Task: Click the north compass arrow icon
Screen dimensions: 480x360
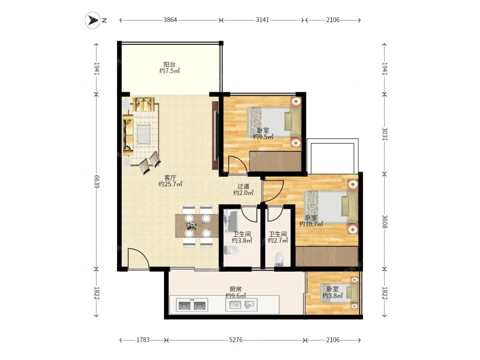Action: [x=93, y=20]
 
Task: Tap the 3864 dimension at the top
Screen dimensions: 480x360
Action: [x=170, y=20]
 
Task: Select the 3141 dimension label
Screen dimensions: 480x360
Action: [x=263, y=20]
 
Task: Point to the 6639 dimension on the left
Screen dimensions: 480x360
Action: [x=96, y=181]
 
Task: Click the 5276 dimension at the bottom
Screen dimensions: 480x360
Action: [x=236, y=340]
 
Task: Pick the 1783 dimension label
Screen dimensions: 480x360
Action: [x=143, y=340]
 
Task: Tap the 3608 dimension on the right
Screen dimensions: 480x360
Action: [x=385, y=221]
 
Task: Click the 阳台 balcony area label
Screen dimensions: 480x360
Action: [x=169, y=65]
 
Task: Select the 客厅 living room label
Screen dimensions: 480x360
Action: [x=170, y=178]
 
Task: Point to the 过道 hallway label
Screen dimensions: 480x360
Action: [x=243, y=186]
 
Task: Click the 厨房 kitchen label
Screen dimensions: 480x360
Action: [x=236, y=289]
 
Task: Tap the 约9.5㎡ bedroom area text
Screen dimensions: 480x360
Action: [x=263, y=137]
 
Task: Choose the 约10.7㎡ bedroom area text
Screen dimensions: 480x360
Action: [x=311, y=224]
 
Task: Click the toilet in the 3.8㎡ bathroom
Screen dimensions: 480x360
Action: [x=231, y=250]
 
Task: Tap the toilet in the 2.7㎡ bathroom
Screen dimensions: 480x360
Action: [x=279, y=259]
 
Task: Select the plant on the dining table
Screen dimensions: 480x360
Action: [x=192, y=226]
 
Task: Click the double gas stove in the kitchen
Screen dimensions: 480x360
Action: [x=192, y=305]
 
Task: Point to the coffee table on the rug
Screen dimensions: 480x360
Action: [x=144, y=134]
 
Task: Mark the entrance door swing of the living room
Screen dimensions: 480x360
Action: [x=138, y=259]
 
